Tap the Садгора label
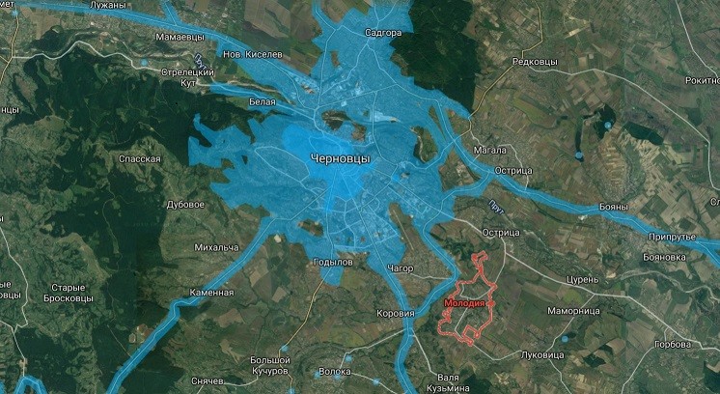click(x=383, y=33)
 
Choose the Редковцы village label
click(x=536, y=62)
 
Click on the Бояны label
click(x=613, y=206)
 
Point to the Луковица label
click(x=541, y=355)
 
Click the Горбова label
click(x=674, y=344)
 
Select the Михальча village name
click(x=216, y=248)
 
